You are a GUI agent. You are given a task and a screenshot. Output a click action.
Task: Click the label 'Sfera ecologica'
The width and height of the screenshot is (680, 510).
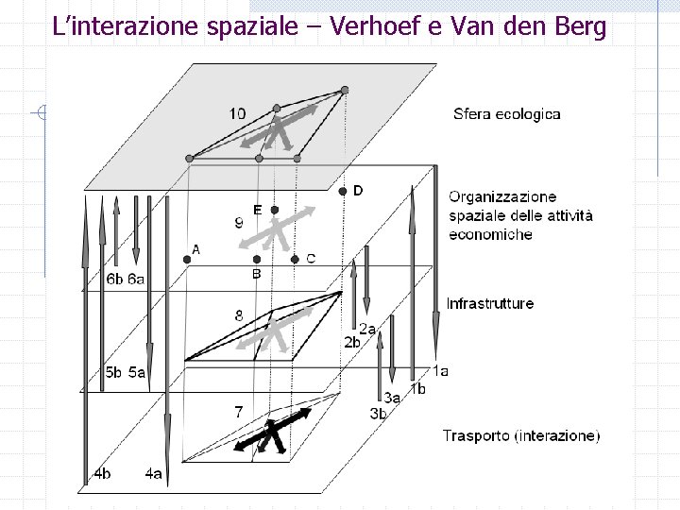[506, 114]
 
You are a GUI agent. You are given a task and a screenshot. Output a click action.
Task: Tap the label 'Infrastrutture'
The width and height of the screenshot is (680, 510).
[489, 304]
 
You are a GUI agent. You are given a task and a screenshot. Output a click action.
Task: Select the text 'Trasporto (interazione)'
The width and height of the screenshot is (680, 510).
[520, 435]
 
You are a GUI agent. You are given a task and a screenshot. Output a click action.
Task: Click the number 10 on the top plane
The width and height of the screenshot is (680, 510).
[237, 113]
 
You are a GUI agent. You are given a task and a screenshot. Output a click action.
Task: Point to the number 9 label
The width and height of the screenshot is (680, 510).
[240, 224]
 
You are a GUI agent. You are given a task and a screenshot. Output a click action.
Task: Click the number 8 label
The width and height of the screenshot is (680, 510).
[240, 315]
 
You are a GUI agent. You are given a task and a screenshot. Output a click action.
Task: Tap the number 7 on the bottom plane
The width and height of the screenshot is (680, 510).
[239, 411]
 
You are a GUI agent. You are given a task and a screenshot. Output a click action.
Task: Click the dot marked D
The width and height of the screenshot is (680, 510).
[343, 191]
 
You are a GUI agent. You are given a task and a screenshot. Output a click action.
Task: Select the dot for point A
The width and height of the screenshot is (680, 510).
[186, 257]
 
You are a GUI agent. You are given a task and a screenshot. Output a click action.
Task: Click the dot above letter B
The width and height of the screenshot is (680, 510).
[255, 258]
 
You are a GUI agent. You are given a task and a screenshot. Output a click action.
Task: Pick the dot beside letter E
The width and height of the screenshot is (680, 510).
[274, 209]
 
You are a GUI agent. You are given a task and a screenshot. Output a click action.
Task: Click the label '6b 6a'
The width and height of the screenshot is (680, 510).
[125, 279]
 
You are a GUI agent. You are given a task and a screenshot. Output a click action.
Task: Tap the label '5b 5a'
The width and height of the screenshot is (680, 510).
[125, 372]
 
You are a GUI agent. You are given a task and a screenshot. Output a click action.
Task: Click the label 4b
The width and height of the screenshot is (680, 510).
[102, 472]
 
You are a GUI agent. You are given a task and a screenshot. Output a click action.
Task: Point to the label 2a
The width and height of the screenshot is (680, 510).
[367, 328]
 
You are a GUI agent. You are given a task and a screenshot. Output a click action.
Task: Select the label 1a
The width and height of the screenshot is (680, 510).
[440, 371]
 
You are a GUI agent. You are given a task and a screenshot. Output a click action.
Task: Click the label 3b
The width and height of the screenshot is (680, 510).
[378, 413]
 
